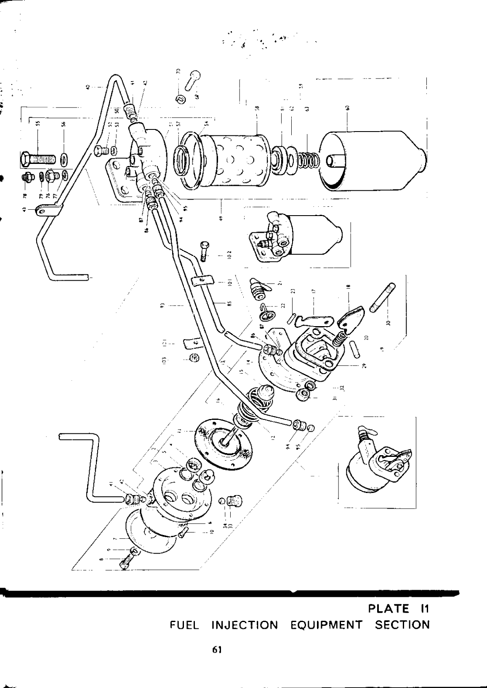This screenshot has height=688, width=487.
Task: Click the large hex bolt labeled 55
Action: pyautogui.click(x=37, y=160)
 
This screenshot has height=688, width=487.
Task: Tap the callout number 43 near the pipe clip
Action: pyautogui.click(x=24, y=210)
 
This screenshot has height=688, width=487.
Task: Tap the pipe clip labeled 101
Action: pyautogui.click(x=200, y=281)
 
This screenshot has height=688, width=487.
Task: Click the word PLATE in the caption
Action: pyautogui.click(x=389, y=608)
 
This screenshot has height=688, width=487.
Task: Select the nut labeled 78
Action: pyautogui.click(x=26, y=179)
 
